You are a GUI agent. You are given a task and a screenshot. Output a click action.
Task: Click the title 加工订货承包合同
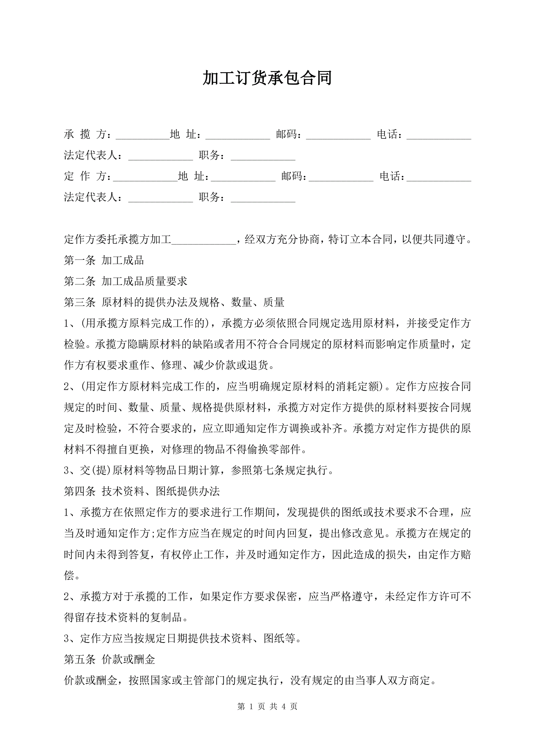pos(267,78)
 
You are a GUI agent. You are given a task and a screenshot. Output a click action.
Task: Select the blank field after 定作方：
pos(145,177)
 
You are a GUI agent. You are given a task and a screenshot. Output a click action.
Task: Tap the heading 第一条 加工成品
pos(104,260)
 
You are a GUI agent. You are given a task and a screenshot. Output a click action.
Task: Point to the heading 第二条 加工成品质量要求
pos(126,281)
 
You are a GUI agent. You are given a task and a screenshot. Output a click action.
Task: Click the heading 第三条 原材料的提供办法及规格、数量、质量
pos(174,302)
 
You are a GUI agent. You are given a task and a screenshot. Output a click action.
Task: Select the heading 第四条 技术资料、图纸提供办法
pos(142,491)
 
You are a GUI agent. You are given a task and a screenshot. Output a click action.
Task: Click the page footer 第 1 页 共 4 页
pos(267,713)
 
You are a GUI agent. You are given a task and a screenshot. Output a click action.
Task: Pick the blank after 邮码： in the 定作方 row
pos(341,177)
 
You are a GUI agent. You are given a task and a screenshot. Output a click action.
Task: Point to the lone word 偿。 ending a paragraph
pos(72,576)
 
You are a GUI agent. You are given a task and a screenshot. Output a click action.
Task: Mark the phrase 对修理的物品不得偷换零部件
pos(233,449)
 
